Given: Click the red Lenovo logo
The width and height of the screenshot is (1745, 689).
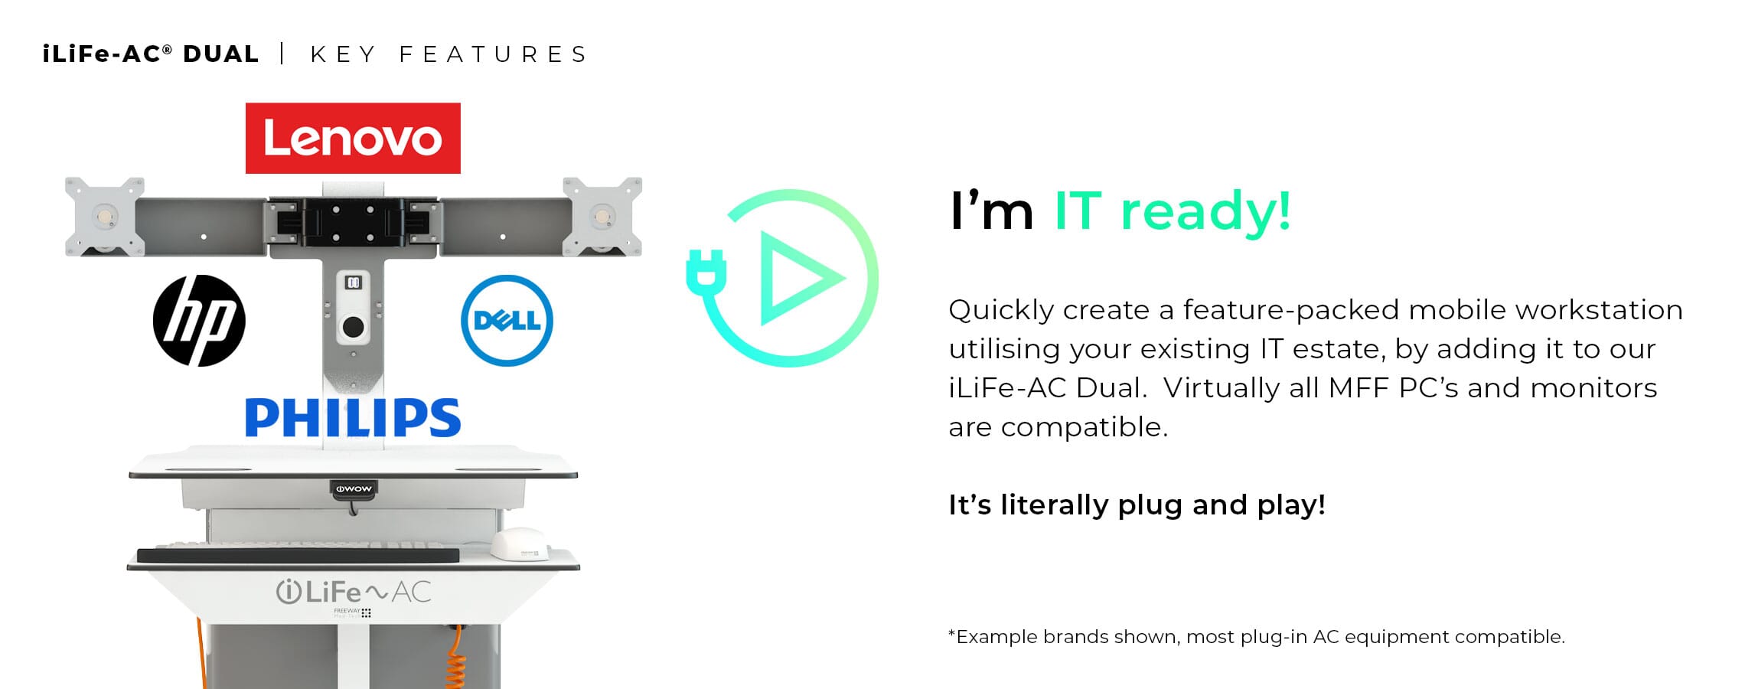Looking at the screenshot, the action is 353,139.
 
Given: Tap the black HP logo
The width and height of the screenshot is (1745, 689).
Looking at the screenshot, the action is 199,320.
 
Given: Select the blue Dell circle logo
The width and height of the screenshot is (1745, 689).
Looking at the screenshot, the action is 507,320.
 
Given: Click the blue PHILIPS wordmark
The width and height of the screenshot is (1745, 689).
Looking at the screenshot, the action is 353,417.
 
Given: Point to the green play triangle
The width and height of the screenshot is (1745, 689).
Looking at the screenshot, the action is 796,278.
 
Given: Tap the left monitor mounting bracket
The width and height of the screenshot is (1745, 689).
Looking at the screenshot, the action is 105,217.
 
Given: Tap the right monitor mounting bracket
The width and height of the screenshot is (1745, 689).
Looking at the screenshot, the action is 602,217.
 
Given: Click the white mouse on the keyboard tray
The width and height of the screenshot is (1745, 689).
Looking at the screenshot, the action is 520,544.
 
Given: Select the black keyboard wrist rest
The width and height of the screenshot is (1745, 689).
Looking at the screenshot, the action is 298,556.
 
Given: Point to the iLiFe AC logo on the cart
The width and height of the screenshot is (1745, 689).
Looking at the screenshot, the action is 353,592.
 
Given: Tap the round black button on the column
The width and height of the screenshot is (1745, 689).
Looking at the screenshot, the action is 353,328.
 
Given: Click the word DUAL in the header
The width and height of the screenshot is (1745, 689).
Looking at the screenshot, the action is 221,54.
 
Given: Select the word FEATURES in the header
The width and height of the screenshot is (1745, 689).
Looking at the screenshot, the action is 494,54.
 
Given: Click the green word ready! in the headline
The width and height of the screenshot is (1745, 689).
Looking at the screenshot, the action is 1205,212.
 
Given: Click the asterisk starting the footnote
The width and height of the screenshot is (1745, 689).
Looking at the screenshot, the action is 952,633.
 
